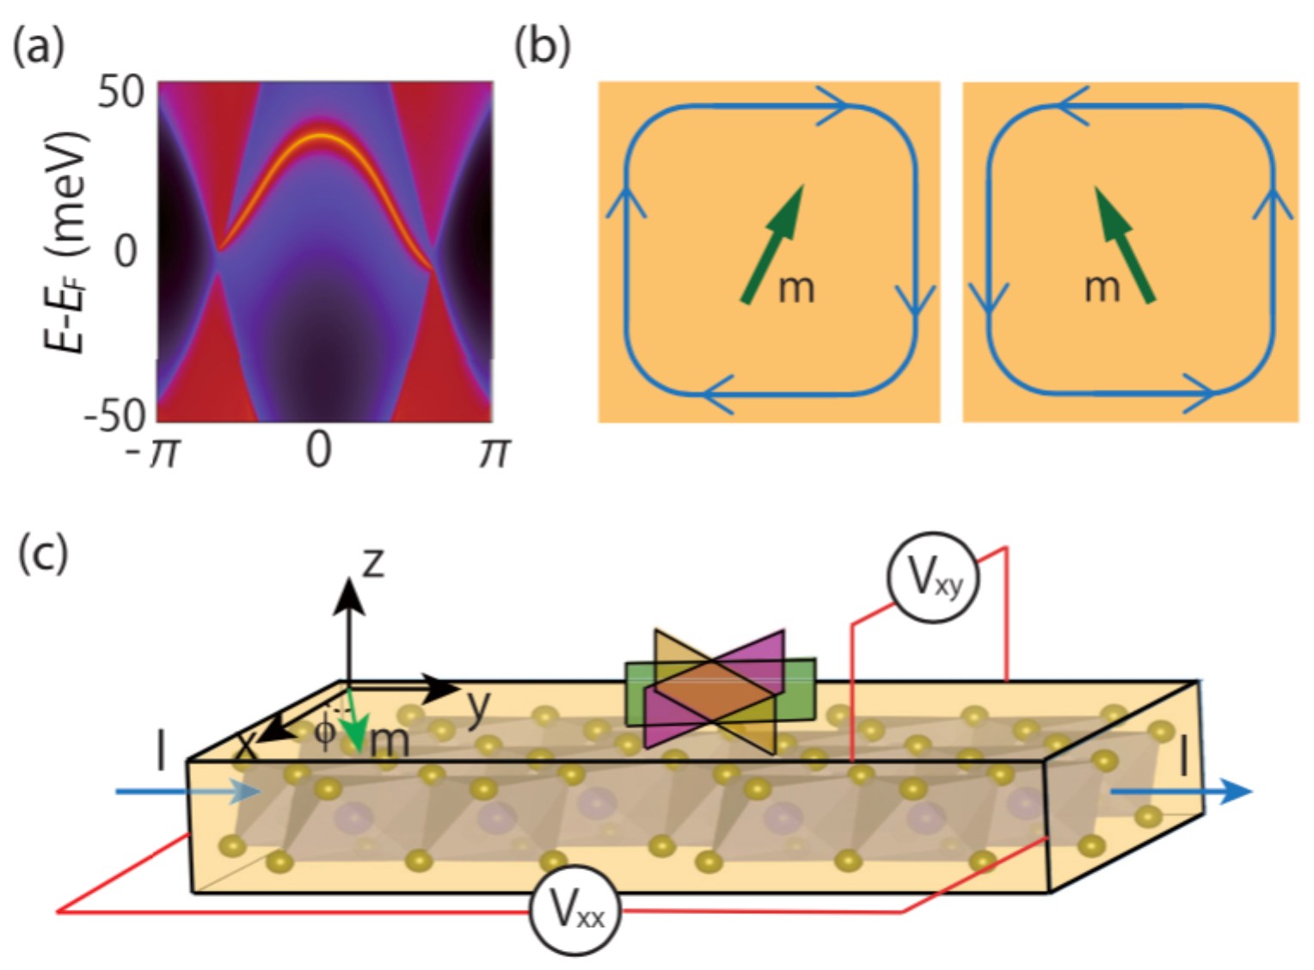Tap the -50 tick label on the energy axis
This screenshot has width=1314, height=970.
(x=114, y=416)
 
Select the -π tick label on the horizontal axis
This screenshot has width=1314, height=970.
(x=154, y=451)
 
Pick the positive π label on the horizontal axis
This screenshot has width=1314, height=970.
(x=494, y=451)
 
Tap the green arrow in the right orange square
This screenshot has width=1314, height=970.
(x=1124, y=245)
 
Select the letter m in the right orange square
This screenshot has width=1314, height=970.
(x=1102, y=285)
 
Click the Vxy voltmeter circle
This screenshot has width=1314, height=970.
(x=931, y=579)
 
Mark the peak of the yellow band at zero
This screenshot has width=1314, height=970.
(x=320, y=135)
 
